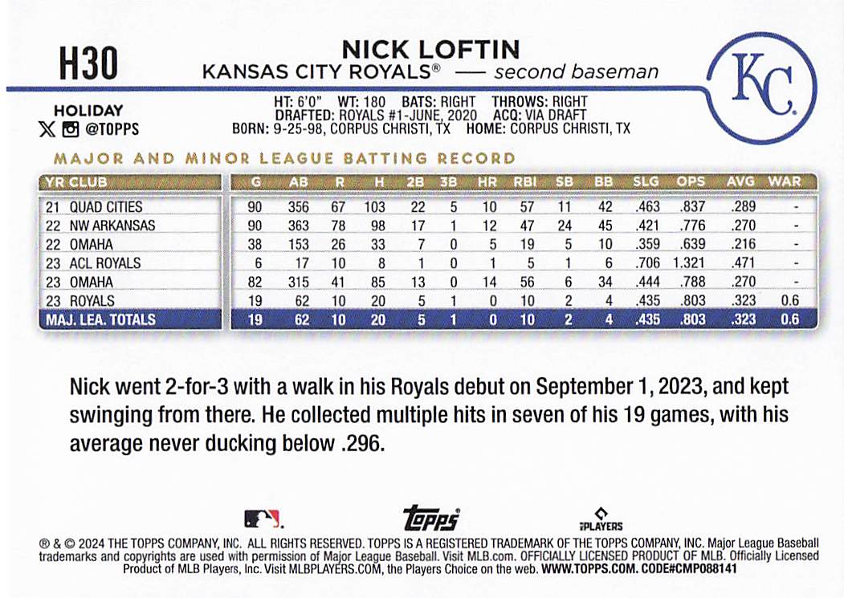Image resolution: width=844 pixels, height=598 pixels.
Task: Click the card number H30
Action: pyautogui.click(x=88, y=63)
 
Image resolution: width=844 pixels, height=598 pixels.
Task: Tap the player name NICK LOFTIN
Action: pyautogui.click(x=430, y=49)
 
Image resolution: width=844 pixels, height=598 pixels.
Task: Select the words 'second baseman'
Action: pyautogui.click(x=577, y=72)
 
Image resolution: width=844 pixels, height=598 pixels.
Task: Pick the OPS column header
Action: pyautogui.click(x=691, y=181)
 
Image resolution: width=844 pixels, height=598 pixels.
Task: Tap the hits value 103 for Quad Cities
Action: pyautogui.click(x=377, y=207)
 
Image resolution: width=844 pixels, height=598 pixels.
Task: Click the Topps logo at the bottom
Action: pyautogui.click(x=430, y=517)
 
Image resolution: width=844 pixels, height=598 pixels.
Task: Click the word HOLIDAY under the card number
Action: pyautogui.click(x=88, y=112)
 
